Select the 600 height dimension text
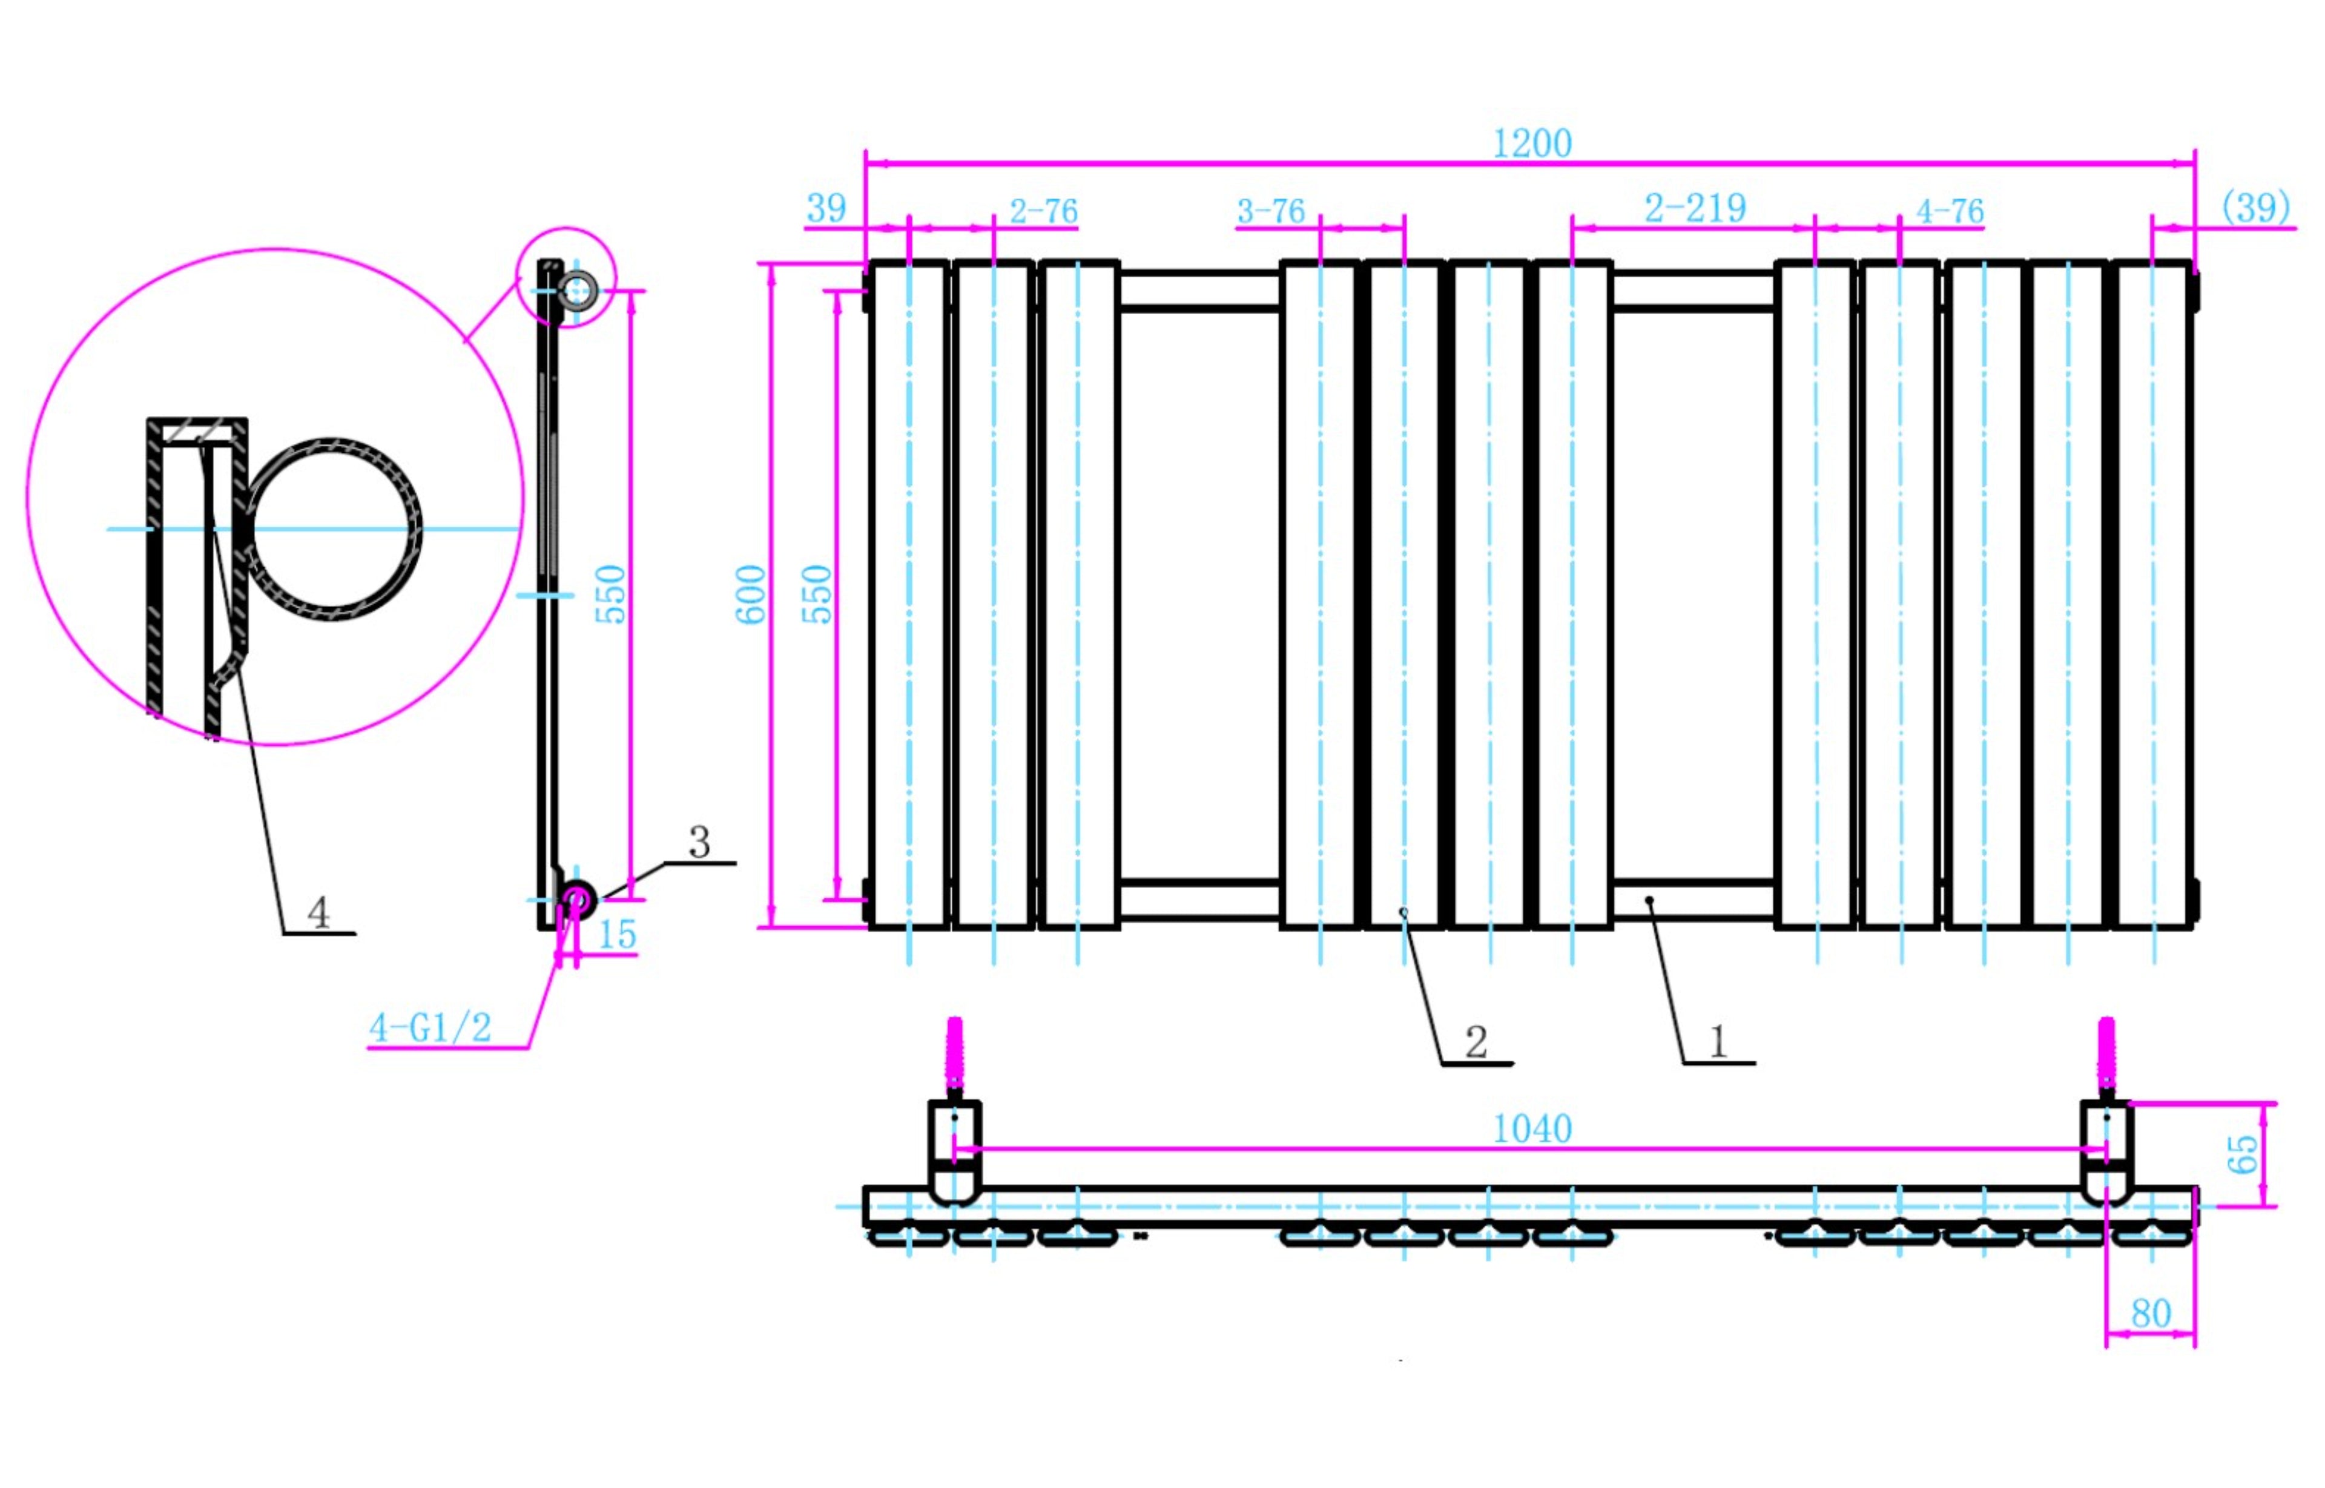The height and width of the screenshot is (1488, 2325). coord(751,594)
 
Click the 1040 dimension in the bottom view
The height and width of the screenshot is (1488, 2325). coord(1532,1128)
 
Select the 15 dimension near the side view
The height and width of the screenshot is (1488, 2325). coord(616,934)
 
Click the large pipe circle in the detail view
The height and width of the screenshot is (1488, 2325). coord(331,528)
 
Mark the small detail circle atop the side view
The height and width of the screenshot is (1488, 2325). coord(566,277)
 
